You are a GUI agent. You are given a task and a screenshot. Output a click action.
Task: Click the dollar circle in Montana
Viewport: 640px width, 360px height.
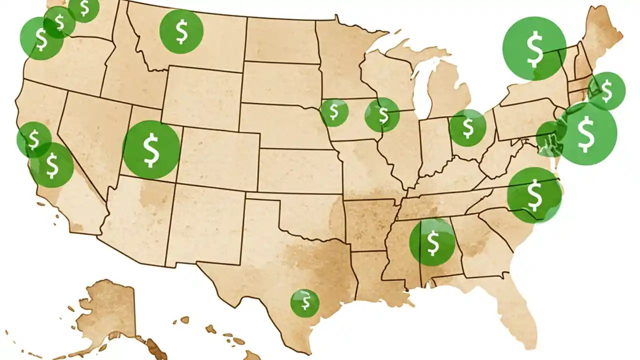pyautogui.click(x=181, y=31)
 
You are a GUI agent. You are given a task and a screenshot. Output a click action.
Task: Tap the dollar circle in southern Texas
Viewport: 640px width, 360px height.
pyautogui.click(x=304, y=302)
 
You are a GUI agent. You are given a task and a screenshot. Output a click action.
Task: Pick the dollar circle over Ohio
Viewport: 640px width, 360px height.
pyautogui.click(x=467, y=128)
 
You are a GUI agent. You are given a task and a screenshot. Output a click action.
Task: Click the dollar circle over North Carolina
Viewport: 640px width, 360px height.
pyautogui.click(x=534, y=195)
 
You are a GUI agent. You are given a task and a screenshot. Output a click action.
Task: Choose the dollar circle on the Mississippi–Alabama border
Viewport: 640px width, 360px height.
pyautogui.click(x=432, y=242)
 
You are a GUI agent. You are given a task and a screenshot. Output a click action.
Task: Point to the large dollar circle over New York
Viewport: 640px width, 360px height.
pyautogui.click(x=534, y=48)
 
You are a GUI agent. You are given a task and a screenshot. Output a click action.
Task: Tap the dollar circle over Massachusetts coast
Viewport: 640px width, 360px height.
pyautogui.click(x=606, y=91)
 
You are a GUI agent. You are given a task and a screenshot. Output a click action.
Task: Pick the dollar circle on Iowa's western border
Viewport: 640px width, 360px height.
pyautogui.click(x=333, y=112)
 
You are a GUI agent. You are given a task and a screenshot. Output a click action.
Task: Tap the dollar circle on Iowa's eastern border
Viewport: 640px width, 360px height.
pyautogui.click(x=382, y=114)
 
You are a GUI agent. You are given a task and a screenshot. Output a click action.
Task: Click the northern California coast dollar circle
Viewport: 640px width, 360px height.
pyautogui.click(x=33, y=139)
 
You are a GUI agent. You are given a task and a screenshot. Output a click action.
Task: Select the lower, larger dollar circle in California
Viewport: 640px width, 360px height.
pyautogui.click(x=52, y=165)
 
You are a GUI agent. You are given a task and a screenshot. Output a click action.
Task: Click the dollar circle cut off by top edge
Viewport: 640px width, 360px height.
pyautogui.click(x=83, y=8)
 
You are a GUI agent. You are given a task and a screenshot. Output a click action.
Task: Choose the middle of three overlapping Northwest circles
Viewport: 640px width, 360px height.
pyautogui.click(x=59, y=22)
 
